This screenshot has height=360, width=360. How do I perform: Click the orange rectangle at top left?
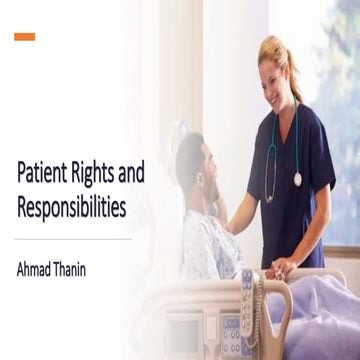coord(25,37)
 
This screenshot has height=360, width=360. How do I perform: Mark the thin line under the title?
coord(75,240)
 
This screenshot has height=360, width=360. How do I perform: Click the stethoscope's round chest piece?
coord(297,179)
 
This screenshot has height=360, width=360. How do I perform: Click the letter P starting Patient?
coord(22,174)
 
